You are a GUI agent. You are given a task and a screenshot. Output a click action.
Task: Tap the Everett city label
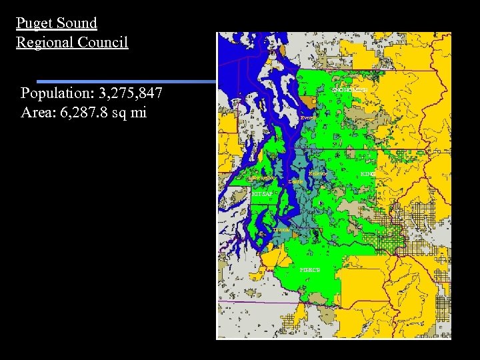tap(308, 117)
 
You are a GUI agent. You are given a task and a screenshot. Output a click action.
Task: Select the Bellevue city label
tap(317, 173)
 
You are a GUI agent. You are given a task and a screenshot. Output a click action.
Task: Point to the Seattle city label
tap(296, 181)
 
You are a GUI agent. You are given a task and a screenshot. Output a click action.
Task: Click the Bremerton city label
tap(264, 178)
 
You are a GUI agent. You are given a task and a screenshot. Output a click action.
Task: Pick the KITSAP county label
tap(262, 193)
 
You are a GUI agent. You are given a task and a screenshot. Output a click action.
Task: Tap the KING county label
tap(367, 174)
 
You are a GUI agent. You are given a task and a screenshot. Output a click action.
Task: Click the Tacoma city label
tap(281, 229)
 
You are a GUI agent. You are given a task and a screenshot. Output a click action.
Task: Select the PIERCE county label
tap(310, 270)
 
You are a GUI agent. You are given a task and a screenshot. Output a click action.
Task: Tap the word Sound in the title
tap(77, 23)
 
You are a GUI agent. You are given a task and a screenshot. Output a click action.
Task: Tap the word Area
tap(37, 111)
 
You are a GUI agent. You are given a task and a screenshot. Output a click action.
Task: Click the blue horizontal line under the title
tap(127, 81)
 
